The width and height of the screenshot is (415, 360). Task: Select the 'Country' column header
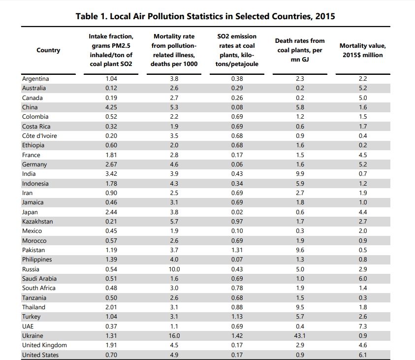(x=48, y=50)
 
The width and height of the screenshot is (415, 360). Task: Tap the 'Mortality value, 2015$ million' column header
(x=363, y=50)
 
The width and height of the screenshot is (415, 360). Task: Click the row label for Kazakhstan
(x=37, y=221)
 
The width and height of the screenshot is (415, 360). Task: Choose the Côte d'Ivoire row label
(x=39, y=136)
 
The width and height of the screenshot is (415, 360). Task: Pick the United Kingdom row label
(x=44, y=345)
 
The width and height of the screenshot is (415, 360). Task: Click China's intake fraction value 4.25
(x=111, y=107)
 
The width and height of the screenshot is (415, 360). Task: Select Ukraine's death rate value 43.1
(x=300, y=336)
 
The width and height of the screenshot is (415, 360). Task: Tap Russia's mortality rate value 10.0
(x=174, y=269)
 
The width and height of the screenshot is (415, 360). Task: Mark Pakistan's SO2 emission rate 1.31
(x=237, y=250)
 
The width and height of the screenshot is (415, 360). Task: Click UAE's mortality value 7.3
(x=363, y=326)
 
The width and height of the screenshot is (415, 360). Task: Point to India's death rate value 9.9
(x=300, y=174)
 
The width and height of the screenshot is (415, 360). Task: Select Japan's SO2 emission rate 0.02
(x=237, y=212)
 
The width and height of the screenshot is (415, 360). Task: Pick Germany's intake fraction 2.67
(x=111, y=164)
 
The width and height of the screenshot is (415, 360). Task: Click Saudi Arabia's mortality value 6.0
(x=363, y=278)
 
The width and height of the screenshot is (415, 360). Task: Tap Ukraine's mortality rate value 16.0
(x=174, y=336)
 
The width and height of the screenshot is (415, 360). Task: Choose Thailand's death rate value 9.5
(x=300, y=307)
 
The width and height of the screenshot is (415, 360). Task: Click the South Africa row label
(x=38, y=288)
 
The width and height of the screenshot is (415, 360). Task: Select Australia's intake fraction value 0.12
(x=111, y=88)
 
